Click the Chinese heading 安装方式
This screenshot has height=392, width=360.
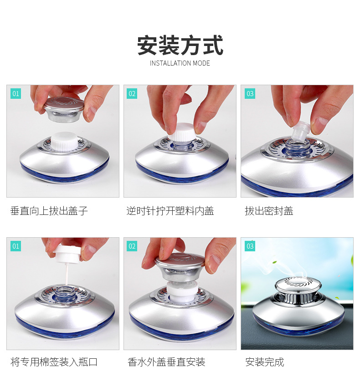point(180,45)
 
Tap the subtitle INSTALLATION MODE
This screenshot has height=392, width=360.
point(180,63)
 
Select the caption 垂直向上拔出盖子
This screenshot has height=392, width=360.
point(49,211)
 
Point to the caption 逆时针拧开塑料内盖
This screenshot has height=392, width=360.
point(170,211)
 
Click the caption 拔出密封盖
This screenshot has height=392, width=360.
point(269,211)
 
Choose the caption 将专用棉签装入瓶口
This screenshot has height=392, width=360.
point(54,362)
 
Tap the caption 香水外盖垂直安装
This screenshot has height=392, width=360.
point(166,362)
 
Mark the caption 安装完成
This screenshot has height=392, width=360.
point(265,362)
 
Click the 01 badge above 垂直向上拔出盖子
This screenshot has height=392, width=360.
point(16,94)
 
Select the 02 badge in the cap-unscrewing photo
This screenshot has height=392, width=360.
point(132,94)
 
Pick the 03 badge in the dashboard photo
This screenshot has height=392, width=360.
point(250,246)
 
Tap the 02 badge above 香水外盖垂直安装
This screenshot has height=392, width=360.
point(132,246)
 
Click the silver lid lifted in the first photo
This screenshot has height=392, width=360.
point(63,109)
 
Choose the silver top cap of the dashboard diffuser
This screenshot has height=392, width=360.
point(298,285)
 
